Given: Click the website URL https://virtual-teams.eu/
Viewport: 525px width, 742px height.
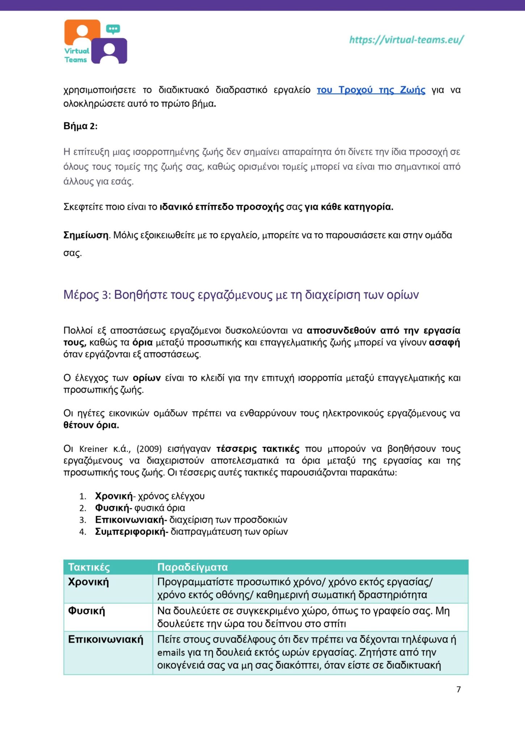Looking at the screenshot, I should click(406, 39).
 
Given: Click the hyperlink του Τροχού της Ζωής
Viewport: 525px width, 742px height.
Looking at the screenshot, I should click(371, 90).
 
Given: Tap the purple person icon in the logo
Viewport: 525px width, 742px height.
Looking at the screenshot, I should click(109, 51).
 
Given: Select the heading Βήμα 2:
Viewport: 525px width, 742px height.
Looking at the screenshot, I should click(80, 126).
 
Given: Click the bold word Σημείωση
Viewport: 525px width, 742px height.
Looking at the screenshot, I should click(86, 235).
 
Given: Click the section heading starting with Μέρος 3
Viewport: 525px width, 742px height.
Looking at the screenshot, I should click(241, 295).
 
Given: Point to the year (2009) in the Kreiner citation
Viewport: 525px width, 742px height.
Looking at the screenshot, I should click(149, 449).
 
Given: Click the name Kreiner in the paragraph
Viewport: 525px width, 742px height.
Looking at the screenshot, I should click(93, 449).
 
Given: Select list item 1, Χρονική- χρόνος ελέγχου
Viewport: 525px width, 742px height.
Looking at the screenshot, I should click(150, 496).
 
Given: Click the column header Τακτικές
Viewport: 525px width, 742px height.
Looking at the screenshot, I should click(89, 567).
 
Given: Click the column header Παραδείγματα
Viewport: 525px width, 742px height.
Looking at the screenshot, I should click(192, 567).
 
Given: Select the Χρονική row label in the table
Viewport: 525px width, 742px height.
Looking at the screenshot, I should click(88, 582).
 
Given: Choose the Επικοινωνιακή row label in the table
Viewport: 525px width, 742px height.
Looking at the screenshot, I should click(105, 639).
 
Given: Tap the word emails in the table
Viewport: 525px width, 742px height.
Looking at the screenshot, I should click(171, 653).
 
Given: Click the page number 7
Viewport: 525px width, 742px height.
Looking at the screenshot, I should click(458, 689).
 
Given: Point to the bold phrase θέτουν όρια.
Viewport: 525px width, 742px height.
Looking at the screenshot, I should click(91, 425).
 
